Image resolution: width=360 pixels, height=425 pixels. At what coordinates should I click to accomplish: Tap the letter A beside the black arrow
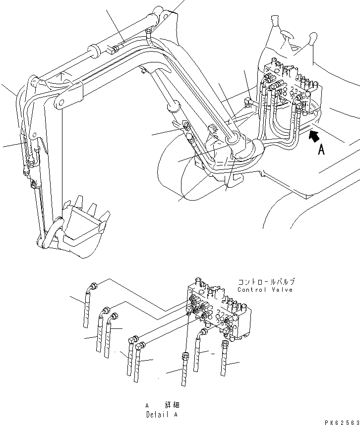click(321, 149)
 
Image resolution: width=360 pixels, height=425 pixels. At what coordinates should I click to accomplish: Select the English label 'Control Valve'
click(265, 290)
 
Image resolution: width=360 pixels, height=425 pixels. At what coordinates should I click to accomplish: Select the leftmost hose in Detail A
click(87, 307)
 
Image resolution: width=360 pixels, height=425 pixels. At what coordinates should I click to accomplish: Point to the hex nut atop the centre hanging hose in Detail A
click(185, 355)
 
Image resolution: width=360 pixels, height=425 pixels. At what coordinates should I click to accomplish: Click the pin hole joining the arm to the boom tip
click(60, 104)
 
